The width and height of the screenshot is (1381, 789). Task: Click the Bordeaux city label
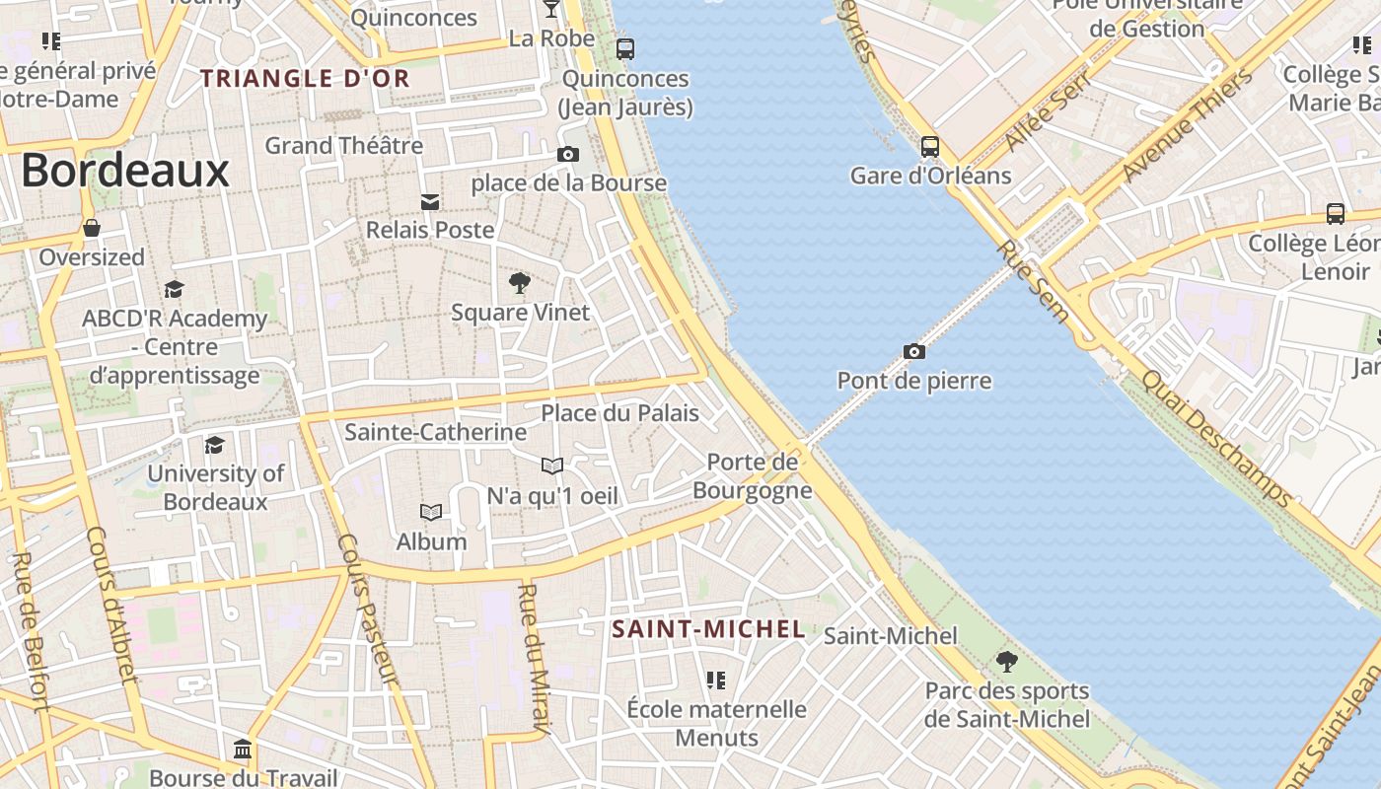125,171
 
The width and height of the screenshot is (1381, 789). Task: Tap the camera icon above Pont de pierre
914,351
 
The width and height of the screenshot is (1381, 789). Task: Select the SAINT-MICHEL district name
708,629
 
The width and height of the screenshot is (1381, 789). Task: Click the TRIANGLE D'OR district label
305,79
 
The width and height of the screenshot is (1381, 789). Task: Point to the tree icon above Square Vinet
519,284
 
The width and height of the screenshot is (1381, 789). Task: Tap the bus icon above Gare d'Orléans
929,147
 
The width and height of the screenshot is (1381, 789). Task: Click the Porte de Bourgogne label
753,475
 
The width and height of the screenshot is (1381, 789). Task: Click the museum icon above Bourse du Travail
243,750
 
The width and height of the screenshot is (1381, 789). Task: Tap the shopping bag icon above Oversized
92,229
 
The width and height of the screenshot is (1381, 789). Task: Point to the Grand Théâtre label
343,146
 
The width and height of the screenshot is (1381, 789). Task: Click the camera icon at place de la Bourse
568,154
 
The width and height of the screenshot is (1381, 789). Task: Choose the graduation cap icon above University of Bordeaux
214,445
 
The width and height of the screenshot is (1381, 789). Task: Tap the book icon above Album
431,512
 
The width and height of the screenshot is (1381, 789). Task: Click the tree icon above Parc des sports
1006,661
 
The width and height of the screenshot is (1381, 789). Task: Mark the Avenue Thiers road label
1188,123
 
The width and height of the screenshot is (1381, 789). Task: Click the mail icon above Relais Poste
430,202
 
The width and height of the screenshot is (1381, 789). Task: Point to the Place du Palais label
619,413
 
